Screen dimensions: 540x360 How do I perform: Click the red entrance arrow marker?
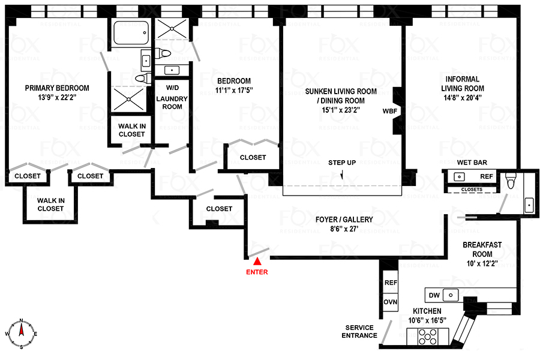pos(257,261)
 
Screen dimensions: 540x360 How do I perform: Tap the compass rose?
pos(21,333)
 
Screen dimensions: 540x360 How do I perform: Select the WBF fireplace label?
pos(389,111)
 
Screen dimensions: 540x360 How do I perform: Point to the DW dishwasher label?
pos(434,295)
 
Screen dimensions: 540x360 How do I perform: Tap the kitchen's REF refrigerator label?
pos(391,282)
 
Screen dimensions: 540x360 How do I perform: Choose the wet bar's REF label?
pos(487,176)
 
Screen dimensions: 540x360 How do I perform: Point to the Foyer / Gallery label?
pos(344,220)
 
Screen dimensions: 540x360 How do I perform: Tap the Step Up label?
pos(342,163)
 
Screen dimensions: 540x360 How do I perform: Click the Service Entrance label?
pos(359,331)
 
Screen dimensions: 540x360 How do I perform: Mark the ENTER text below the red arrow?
pos(257,272)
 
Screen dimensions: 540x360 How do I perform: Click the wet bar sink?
pos(460,176)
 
